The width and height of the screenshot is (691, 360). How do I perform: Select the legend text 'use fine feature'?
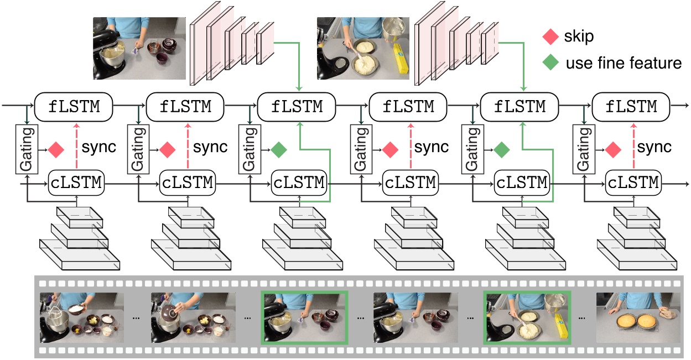[x=624, y=63]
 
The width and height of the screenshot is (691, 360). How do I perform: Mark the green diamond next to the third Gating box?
[x=279, y=148]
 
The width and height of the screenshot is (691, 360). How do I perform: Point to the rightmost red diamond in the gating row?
[x=612, y=148]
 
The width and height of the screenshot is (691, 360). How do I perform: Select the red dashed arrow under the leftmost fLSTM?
[x=74, y=147]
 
